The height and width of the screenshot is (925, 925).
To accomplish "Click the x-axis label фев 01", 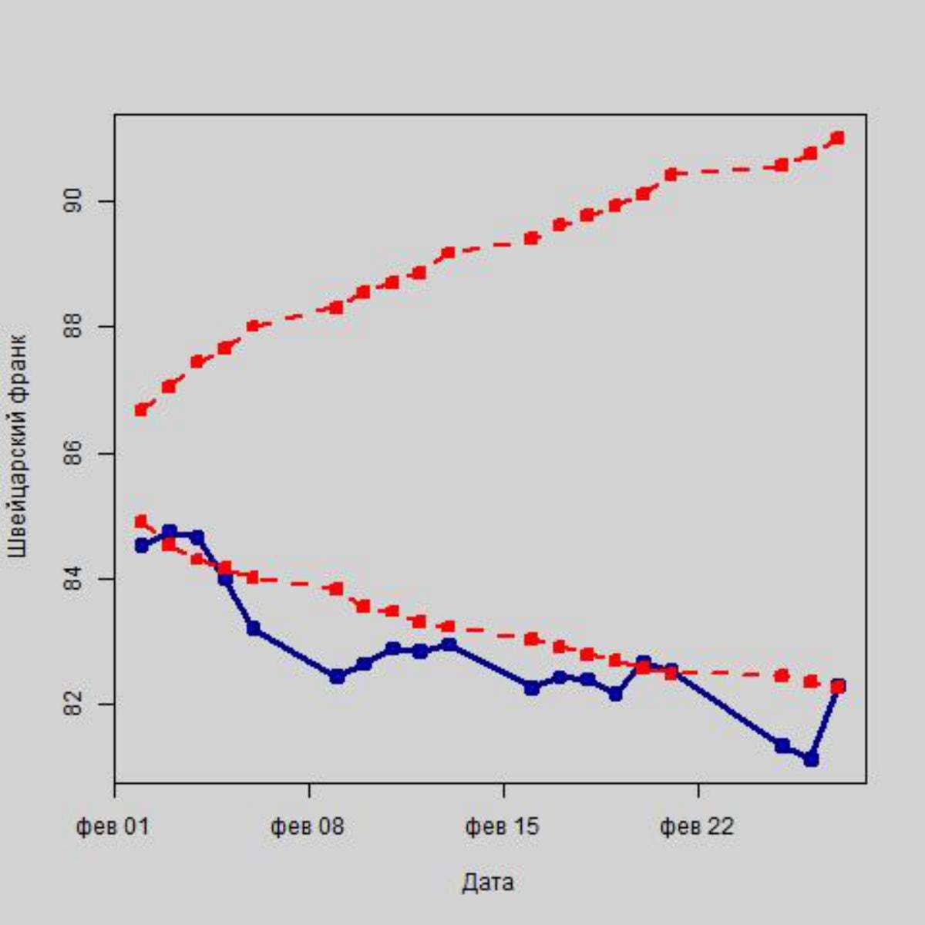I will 113,827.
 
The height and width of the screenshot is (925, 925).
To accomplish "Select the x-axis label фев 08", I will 308,827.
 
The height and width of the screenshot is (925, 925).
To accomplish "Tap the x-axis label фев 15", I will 503,827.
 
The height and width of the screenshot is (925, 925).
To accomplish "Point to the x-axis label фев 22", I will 698,827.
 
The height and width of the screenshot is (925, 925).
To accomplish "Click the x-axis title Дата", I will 488,883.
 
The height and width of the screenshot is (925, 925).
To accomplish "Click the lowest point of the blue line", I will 810,759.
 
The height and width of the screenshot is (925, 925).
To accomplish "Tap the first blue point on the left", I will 141,546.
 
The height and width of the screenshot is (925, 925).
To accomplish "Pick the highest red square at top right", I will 838,139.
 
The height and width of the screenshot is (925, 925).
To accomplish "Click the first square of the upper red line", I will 141,409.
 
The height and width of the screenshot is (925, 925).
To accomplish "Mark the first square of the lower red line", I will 141,522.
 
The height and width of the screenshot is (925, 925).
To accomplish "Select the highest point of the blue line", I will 170,531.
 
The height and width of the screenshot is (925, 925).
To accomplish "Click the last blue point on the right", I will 838,685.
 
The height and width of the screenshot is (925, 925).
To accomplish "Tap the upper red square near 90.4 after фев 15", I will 671,174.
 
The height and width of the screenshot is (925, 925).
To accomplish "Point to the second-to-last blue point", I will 810,759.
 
